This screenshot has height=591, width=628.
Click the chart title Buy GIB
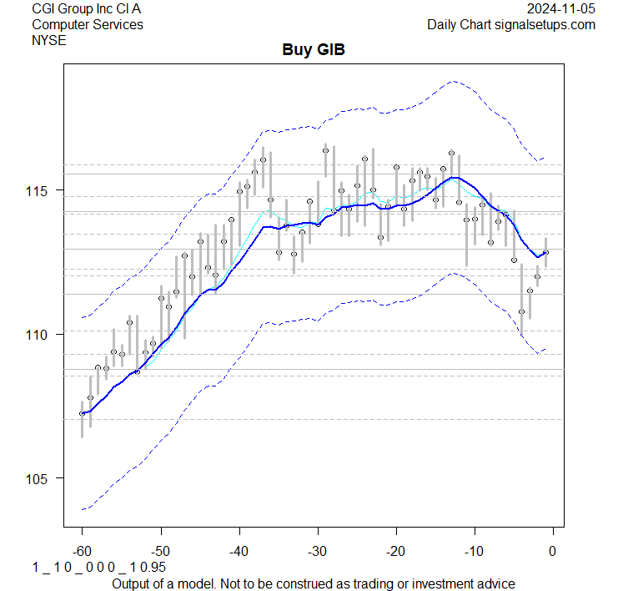[x=314, y=50]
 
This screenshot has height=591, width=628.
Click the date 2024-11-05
[x=561, y=8]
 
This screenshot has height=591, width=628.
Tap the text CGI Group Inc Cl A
[x=87, y=8]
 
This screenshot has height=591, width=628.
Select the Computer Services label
[x=87, y=24]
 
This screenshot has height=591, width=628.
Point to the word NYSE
[x=48, y=40]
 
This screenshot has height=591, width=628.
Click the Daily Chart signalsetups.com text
[x=511, y=24]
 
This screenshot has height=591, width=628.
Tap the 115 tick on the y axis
[x=42, y=190]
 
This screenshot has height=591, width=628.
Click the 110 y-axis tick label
[x=42, y=335]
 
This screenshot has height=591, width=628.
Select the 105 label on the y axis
[x=42, y=478]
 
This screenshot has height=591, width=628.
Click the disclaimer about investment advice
[x=314, y=583]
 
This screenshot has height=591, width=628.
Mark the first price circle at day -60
[x=82, y=413]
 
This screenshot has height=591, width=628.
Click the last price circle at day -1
[x=545, y=252]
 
